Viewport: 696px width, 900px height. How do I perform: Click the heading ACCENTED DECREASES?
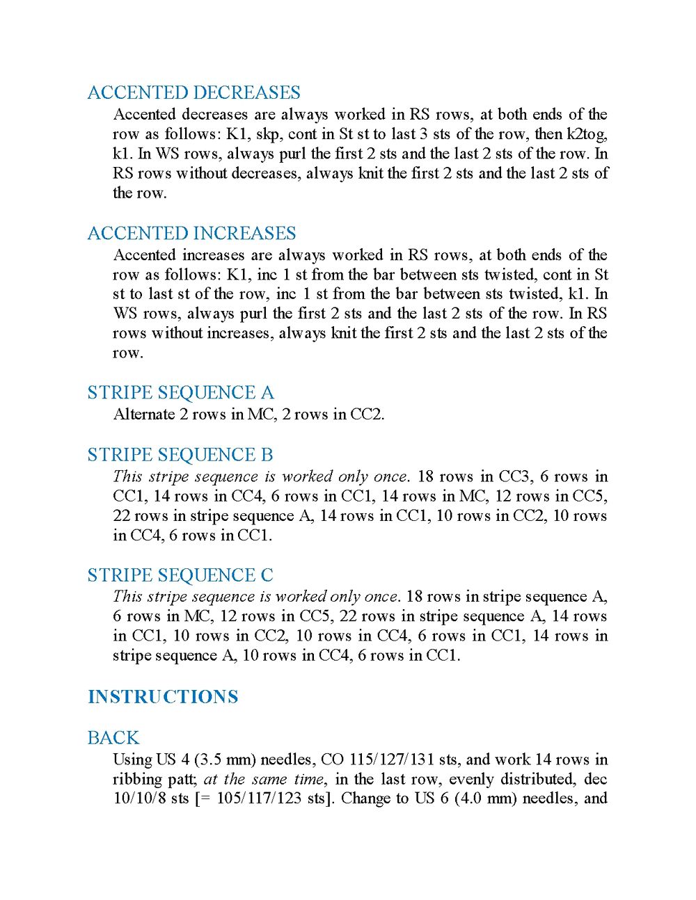point(193,93)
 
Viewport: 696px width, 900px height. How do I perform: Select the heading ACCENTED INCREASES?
point(191,233)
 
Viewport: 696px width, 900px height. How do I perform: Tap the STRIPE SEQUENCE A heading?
point(180,393)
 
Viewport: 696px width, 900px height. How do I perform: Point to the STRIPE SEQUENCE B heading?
point(180,455)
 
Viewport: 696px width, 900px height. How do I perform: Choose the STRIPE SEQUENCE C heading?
point(180,575)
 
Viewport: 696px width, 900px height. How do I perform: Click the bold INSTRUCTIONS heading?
point(163,697)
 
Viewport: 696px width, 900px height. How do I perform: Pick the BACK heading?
point(113,738)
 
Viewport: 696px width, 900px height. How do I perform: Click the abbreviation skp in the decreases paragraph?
point(268,134)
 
